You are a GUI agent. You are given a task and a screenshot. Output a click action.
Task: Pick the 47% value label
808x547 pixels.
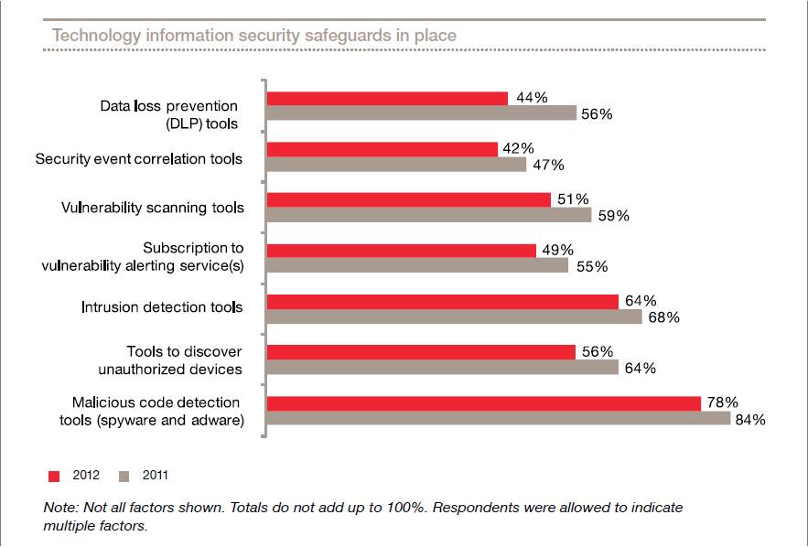(x=547, y=166)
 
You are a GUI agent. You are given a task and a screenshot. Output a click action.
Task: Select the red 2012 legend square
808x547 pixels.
(x=53, y=476)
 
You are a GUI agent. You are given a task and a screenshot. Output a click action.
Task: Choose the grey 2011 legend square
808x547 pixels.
(x=124, y=476)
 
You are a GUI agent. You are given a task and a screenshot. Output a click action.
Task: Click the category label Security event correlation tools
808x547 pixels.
(x=139, y=159)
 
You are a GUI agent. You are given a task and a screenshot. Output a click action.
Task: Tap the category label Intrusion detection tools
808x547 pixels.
(x=162, y=306)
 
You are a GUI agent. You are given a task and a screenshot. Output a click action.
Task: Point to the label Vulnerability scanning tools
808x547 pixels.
(x=152, y=208)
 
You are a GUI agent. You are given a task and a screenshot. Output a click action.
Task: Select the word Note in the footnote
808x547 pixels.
(x=59, y=508)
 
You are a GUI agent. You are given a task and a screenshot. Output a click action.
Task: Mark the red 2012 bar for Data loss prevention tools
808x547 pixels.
(x=386, y=98)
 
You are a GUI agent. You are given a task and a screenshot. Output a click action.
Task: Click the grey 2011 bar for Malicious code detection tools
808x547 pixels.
(x=498, y=419)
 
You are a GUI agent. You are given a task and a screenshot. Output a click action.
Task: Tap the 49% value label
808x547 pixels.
(x=557, y=250)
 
